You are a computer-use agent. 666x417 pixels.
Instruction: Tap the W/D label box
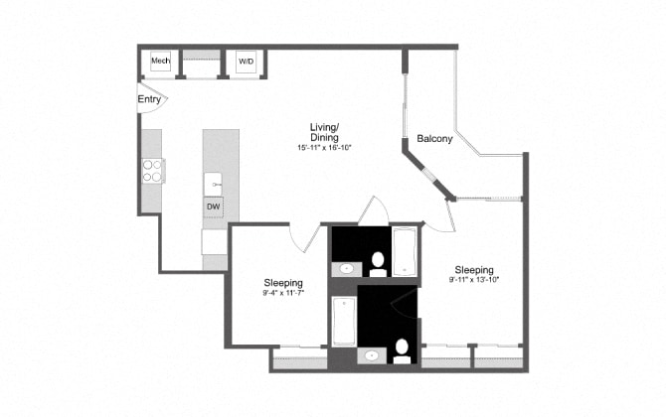coord(245,62)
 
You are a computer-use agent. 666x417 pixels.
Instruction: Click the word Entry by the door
coord(149,99)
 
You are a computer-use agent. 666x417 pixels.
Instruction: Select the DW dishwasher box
coord(214,207)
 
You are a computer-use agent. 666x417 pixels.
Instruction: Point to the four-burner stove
coord(153,171)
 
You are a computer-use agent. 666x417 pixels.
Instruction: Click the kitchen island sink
coord(214,184)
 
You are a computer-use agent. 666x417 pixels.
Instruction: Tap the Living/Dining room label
coord(324,132)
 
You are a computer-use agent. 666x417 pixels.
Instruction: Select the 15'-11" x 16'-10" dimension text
coord(324,147)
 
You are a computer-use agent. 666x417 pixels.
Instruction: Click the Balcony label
coord(434,139)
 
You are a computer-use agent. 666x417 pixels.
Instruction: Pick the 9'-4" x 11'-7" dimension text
coord(281,293)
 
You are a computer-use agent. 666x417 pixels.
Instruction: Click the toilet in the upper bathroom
coord(378,262)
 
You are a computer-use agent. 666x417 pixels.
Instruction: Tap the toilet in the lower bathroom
coord(401,349)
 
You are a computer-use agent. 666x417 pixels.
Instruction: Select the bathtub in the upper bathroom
coord(406,250)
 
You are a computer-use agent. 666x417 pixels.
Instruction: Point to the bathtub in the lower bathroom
coord(344,321)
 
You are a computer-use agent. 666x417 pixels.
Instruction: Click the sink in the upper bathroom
coord(346,268)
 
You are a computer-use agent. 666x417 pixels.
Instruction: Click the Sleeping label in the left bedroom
coord(282,282)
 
